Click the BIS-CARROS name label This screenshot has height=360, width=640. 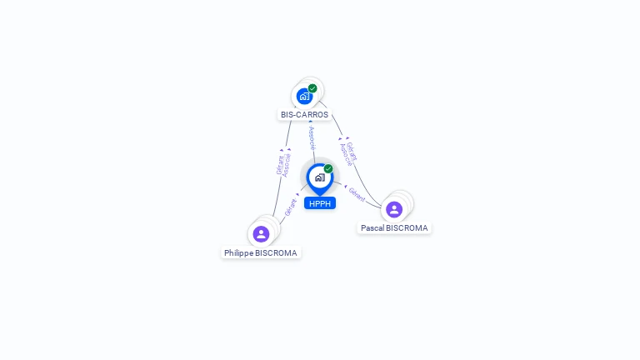pyautogui.click(x=304, y=115)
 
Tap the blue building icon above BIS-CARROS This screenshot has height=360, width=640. pyautogui.click(x=304, y=97)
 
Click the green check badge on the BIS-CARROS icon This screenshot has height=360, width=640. pyautogui.click(x=312, y=88)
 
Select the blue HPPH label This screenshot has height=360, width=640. pyautogui.click(x=320, y=203)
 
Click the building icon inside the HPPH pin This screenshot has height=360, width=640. pyautogui.click(x=319, y=177)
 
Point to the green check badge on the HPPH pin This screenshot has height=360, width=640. pyautogui.click(x=328, y=168)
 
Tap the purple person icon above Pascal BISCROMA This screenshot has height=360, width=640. pyautogui.click(x=394, y=209)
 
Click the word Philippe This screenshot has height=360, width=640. pyautogui.click(x=238, y=253)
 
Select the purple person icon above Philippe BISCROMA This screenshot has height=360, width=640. pyautogui.click(x=261, y=234)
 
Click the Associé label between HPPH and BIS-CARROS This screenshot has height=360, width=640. pyautogui.click(x=312, y=138)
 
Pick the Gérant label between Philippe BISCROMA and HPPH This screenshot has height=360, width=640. pyautogui.click(x=291, y=207)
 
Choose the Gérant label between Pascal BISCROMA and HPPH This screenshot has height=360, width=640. pyautogui.click(x=357, y=194)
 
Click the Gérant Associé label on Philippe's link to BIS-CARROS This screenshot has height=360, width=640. pyautogui.click(x=284, y=163)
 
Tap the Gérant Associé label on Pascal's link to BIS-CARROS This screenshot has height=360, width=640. pyautogui.click(x=349, y=152)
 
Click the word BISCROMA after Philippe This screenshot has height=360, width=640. pyautogui.click(x=277, y=253)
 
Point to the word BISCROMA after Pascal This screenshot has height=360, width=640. pyautogui.click(x=408, y=228)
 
